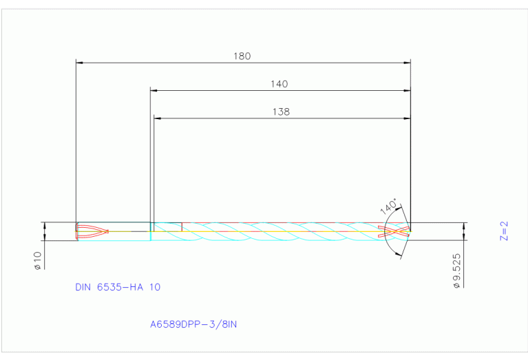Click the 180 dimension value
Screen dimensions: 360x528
242,56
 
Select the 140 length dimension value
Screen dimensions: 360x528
279,84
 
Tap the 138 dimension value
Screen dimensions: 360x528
281,112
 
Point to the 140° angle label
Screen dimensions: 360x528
389,207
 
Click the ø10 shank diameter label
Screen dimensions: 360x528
38,260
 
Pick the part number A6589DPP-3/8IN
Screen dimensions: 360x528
193,324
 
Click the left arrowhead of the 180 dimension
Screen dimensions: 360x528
78,63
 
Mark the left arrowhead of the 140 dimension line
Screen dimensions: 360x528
154,90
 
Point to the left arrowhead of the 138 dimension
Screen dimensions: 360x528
157,118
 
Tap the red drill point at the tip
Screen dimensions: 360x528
399,231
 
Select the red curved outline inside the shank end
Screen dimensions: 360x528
92,231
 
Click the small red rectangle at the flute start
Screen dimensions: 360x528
167,226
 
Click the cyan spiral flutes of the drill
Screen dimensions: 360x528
275,231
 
